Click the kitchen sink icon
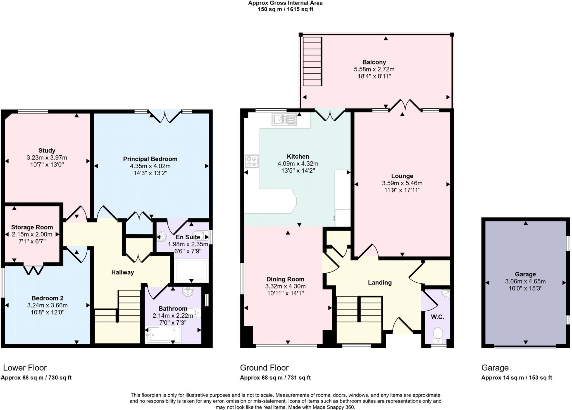point(284,120)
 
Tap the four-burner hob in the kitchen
point(252,161)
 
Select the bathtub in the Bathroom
point(163,334)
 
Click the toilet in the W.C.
point(437,335)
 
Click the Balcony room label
point(374,62)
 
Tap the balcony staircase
point(312,61)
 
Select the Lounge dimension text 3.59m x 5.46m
point(402,183)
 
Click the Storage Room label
point(32,227)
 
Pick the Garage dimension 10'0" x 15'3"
point(525,289)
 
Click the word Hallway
point(123,272)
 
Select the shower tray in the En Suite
point(191,270)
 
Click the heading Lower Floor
point(25,368)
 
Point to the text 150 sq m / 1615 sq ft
point(285,9)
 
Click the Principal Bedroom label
point(150,159)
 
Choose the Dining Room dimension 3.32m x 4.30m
point(285,286)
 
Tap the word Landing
point(380,282)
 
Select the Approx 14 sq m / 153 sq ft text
point(516,378)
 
